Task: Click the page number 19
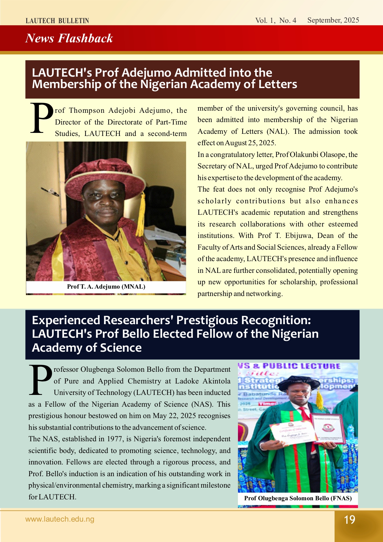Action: point(350,520)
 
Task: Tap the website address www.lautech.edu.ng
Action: point(60,519)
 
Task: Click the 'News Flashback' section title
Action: point(69,38)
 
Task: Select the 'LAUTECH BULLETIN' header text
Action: point(57,21)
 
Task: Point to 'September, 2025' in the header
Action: point(333,20)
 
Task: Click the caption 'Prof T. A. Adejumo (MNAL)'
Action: point(106,286)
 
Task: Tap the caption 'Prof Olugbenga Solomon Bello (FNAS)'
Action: point(298,498)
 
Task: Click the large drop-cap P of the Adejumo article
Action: point(42,118)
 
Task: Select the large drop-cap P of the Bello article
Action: point(40,380)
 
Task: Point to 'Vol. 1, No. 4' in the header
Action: point(276,20)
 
